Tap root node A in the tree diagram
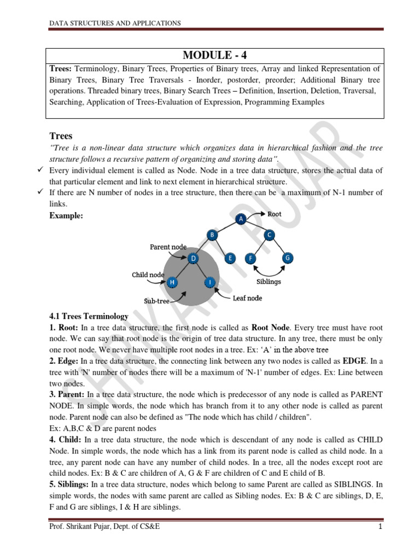(x=241, y=219)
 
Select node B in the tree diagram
(x=211, y=235)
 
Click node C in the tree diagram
(x=270, y=235)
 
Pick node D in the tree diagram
(x=192, y=258)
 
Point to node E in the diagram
(x=230, y=258)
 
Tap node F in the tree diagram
(x=251, y=258)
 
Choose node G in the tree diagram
(x=287, y=258)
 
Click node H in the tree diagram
(x=173, y=282)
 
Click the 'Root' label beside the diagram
(x=275, y=214)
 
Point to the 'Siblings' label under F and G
(x=269, y=282)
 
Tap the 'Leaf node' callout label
(x=247, y=298)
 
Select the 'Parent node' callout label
(x=168, y=247)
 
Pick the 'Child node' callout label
(x=148, y=275)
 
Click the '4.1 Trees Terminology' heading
(x=89, y=316)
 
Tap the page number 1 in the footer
(x=378, y=541)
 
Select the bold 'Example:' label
(x=67, y=216)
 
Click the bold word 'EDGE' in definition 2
(x=353, y=361)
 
